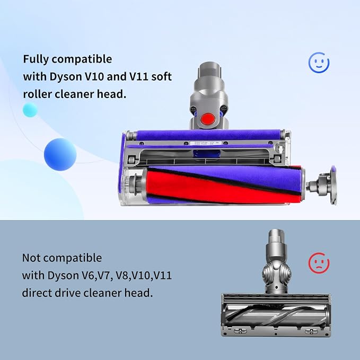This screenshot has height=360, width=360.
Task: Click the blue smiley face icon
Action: (x=319, y=63)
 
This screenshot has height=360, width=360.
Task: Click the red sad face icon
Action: (x=319, y=263)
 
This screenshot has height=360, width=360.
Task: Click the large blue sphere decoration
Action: (x=60, y=154)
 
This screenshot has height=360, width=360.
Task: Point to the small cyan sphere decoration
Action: (x=30, y=110)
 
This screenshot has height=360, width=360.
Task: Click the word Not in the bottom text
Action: (x=31, y=258)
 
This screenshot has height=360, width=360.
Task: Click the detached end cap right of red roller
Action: (x=322, y=185)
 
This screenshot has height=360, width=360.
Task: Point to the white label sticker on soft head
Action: (x=206, y=143)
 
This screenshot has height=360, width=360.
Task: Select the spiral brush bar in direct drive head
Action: (x=276, y=315)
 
